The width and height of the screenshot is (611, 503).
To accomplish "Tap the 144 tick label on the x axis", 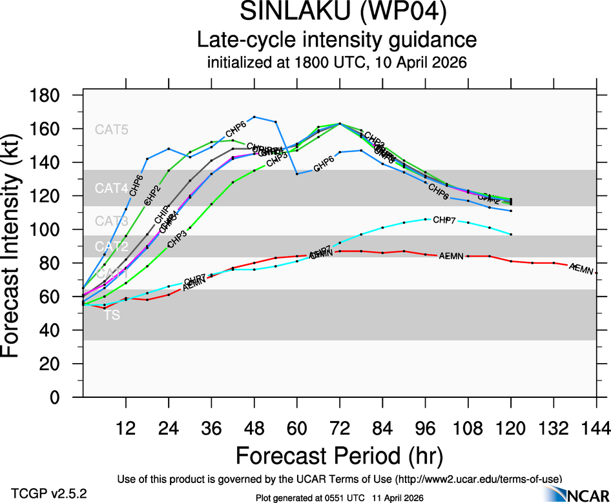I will pyautogui.click(x=595, y=428).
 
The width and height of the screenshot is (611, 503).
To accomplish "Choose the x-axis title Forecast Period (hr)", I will pyautogui.click(x=339, y=455).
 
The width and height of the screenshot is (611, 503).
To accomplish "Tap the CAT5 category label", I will pyautogui.click(x=112, y=130).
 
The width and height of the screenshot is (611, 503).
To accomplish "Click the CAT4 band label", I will pyautogui.click(x=112, y=188).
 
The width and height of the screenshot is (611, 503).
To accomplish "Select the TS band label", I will pyautogui.click(x=112, y=316).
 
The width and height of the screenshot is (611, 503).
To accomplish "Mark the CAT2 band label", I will pyautogui.click(x=112, y=246).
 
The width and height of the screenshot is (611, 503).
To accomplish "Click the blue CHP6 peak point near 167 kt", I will pyautogui.click(x=254, y=117).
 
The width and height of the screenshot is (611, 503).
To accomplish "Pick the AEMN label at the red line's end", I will pyautogui.click(x=581, y=269).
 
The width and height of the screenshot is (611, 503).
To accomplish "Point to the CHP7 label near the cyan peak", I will pyautogui.click(x=444, y=221).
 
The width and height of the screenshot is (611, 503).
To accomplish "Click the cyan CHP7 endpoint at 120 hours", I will pyautogui.click(x=511, y=234).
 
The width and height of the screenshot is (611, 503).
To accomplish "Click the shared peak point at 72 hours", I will pyautogui.click(x=340, y=124).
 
